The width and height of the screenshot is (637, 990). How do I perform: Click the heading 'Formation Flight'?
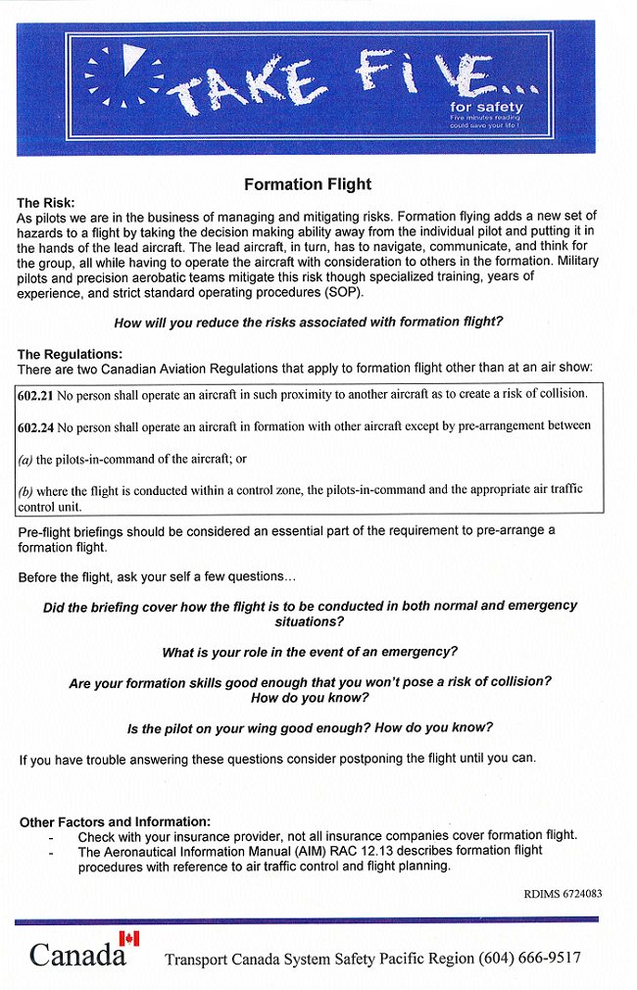pyautogui.click(x=308, y=184)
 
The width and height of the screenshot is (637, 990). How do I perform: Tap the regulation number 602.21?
pyautogui.click(x=35, y=394)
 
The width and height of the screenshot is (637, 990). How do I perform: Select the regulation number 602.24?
pyautogui.click(x=35, y=426)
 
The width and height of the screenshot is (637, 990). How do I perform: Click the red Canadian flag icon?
pyautogui.click(x=128, y=938)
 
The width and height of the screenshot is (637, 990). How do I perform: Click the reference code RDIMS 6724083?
pyautogui.click(x=563, y=894)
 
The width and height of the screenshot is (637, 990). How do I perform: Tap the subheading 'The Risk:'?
pyautogui.click(x=46, y=203)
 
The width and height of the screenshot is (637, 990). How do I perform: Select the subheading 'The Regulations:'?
pyautogui.click(x=70, y=354)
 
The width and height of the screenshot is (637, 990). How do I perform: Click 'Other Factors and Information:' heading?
pyautogui.click(x=115, y=821)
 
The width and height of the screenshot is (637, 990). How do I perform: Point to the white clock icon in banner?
pyautogui.click(x=124, y=74)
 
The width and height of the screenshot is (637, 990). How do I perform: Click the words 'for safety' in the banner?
pyautogui.click(x=486, y=107)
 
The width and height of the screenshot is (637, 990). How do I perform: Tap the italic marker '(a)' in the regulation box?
pyautogui.click(x=25, y=459)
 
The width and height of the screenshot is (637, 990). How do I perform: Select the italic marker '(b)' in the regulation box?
pyautogui.click(x=26, y=491)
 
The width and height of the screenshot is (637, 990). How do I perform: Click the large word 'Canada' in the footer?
pyautogui.click(x=76, y=955)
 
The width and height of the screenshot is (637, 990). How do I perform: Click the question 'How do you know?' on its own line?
pyautogui.click(x=310, y=698)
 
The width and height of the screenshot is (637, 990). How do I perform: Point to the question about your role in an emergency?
pyautogui.click(x=310, y=652)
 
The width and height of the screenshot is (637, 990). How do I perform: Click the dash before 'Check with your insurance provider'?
pyautogui.click(x=51, y=836)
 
